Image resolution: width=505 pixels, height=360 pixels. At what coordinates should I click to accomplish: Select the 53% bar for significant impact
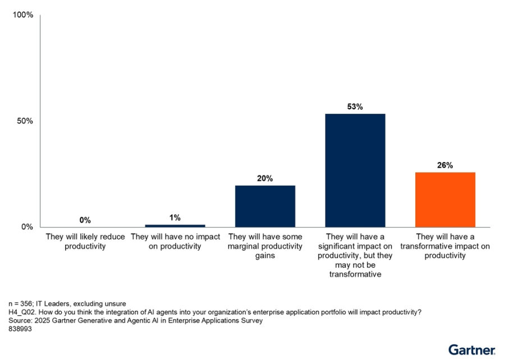[355, 170]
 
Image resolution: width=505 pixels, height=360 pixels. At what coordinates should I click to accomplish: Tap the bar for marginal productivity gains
[265, 206]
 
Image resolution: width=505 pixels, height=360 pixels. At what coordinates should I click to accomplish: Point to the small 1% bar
[175, 225]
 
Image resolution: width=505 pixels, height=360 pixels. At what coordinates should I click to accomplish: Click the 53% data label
[355, 107]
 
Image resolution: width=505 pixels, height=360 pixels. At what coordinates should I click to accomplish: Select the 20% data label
[265, 178]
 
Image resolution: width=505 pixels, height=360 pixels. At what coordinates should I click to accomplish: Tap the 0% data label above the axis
[85, 220]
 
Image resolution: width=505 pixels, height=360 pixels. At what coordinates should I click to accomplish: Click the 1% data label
[175, 218]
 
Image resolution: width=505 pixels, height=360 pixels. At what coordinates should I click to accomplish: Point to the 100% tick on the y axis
[23, 15]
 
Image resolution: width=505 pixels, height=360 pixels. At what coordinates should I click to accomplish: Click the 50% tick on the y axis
[25, 121]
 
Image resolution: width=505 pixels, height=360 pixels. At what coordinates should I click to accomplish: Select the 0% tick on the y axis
[27, 227]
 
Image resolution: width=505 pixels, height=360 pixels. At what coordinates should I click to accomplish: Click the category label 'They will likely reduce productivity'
[85, 242]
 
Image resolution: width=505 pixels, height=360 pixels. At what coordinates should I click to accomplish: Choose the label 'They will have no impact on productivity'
[175, 242]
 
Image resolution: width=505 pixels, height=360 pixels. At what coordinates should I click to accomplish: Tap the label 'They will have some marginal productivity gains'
[265, 246]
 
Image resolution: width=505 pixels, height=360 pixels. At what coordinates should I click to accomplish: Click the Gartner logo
[471, 349]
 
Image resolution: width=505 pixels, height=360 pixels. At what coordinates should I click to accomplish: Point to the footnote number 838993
[20, 330]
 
